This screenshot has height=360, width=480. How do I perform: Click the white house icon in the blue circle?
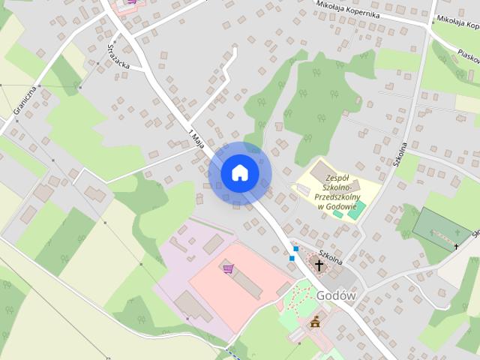click(x=239, y=173)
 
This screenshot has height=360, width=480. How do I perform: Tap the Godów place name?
click(x=335, y=295)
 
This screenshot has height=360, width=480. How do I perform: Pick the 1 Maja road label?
click(x=197, y=138)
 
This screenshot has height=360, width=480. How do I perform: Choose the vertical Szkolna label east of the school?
click(x=401, y=154)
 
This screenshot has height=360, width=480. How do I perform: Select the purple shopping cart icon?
click(x=227, y=268)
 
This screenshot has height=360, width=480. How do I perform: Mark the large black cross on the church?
click(x=319, y=265)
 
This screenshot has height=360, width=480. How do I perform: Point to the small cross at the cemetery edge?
click(x=455, y=246)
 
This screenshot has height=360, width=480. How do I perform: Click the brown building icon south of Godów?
click(x=315, y=324)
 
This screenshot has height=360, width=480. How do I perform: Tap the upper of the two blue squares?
click(x=296, y=248)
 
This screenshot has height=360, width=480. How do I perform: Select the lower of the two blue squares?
click(x=291, y=258)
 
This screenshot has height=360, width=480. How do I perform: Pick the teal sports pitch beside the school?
click(x=357, y=208)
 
